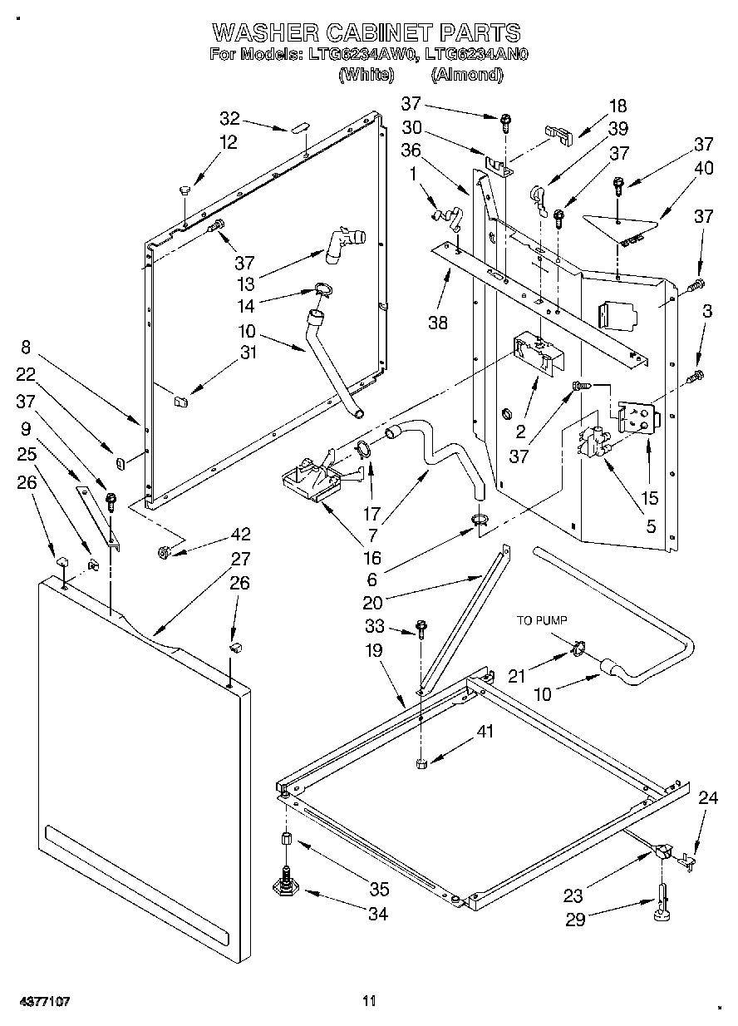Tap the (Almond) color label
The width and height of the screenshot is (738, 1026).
[466, 75]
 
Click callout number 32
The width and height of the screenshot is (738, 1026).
[229, 117]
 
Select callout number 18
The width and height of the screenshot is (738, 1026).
[617, 106]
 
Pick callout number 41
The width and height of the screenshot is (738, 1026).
[485, 732]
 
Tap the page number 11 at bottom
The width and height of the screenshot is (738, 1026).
[369, 1001]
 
